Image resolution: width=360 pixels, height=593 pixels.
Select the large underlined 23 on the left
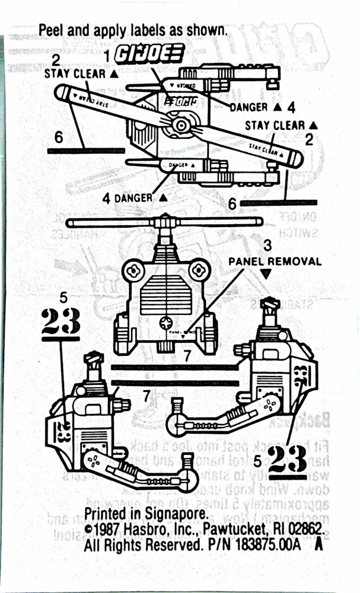(x=61, y=323)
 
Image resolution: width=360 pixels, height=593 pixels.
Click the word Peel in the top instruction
(x=50, y=30)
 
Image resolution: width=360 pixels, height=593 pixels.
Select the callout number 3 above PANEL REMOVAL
(x=267, y=244)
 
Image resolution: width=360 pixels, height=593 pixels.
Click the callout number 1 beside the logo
(x=107, y=55)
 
